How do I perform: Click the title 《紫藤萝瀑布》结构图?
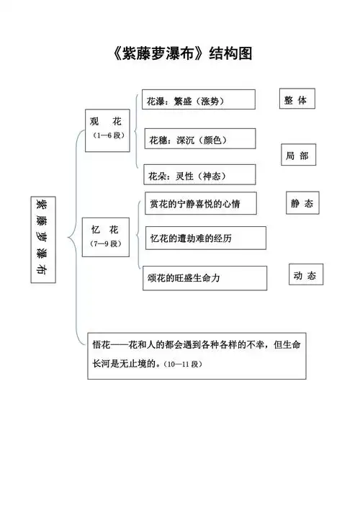point(180,53)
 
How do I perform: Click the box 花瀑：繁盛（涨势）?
point(199,100)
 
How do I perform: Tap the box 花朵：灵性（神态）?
point(199,175)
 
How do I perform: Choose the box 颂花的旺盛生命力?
point(204,277)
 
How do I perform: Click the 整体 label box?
point(295,101)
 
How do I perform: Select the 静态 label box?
point(302,203)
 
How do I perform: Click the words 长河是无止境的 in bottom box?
point(125,364)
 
